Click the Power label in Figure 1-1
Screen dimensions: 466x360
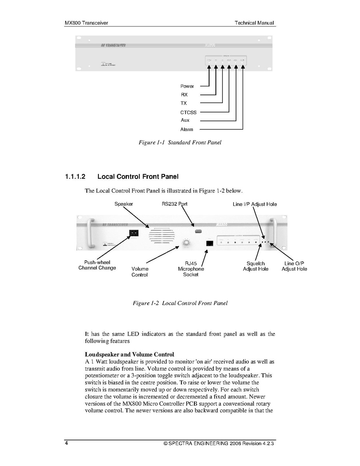187,86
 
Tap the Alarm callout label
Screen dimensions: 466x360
187,130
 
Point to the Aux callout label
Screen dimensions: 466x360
185,121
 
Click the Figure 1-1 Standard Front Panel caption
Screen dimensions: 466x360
180,143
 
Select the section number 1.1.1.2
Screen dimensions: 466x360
75,177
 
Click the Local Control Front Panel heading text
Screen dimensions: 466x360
138,177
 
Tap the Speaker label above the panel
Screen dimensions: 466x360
124,204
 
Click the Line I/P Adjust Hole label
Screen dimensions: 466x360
255,204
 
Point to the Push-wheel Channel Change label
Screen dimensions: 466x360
97,265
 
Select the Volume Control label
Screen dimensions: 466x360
140,272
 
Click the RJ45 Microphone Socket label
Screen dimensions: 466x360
191,269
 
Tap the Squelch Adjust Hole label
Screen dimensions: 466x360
255,266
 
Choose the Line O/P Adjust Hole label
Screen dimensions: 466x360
294,266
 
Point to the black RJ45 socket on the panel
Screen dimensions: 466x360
210,243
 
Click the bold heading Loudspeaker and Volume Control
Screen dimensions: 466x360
129,355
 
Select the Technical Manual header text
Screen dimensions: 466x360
254,23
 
